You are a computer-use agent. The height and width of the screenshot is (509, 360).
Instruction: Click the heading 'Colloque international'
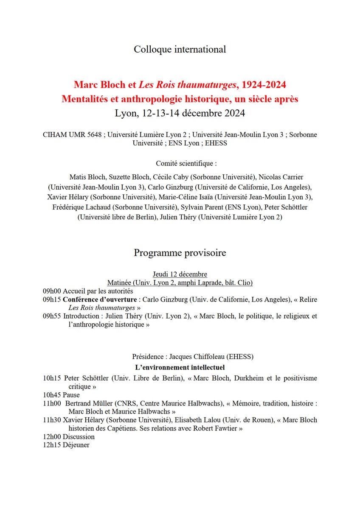pyautogui.click(x=180, y=49)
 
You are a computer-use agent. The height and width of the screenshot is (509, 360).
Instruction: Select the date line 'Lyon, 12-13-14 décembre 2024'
pyautogui.click(x=180, y=114)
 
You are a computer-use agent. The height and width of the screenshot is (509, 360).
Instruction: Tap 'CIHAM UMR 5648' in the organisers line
pyautogui.click(x=72, y=135)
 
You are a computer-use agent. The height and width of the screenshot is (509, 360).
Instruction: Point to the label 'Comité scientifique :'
pyautogui.click(x=180, y=163)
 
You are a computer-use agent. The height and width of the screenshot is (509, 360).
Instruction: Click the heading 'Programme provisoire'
pyautogui.click(x=180, y=253)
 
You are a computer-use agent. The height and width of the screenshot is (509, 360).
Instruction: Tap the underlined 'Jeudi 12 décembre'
pyautogui.click(x=180, y=274)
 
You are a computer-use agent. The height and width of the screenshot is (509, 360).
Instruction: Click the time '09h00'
pyautogui.click(x=52, y=291)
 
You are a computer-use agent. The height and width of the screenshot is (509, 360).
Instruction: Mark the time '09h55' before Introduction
pyautogui.click(x=52, y=316)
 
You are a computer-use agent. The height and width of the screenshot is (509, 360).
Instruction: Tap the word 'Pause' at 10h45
pyautogui.click(x=71, y=395)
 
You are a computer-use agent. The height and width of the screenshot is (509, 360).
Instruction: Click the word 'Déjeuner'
pyautogui.click(x=76, y=445)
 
